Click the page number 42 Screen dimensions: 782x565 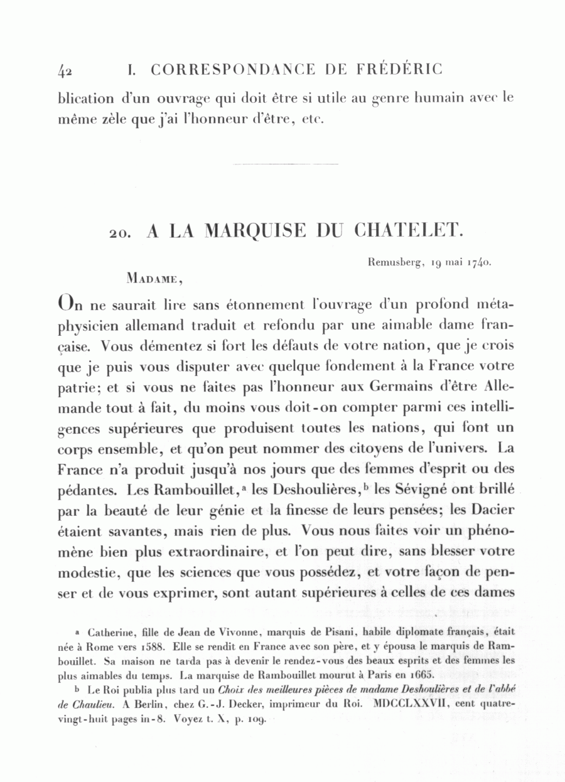(x=65, y=70)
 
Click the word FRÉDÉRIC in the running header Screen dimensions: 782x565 (x=401, y=69)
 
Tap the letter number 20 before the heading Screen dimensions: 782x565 (x=119, y=233)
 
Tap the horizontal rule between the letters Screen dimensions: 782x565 (x=285, y=164)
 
